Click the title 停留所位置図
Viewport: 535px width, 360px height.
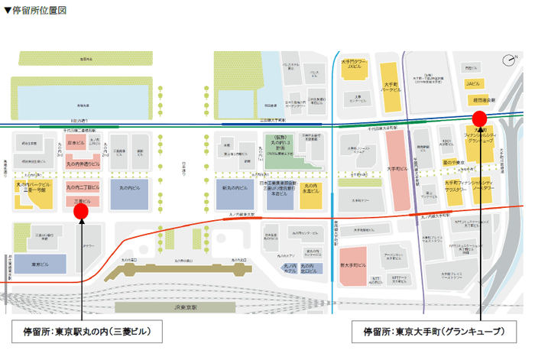(36, 11)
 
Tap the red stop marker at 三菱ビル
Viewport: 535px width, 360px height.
(81, 210)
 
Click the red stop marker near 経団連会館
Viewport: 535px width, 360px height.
(479, 118)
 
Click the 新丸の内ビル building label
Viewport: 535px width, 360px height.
(232, 188)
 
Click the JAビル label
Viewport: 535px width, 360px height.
(472, 82)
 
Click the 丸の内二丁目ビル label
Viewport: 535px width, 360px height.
(83, 187)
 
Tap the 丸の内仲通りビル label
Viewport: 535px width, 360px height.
(83, 163)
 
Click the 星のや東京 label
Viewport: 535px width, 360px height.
(454, 162)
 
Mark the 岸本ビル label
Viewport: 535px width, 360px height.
(75, 143)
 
